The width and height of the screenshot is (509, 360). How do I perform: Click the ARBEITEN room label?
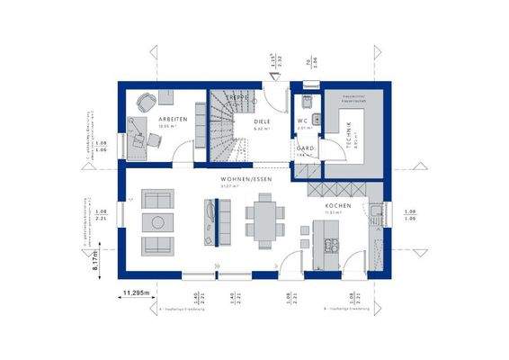174,119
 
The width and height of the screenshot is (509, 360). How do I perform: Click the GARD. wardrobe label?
305,149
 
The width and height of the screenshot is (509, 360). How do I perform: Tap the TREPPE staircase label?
237,96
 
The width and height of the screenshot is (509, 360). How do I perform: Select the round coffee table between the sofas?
158,221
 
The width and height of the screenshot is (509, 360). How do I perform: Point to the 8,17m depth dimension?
96,262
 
